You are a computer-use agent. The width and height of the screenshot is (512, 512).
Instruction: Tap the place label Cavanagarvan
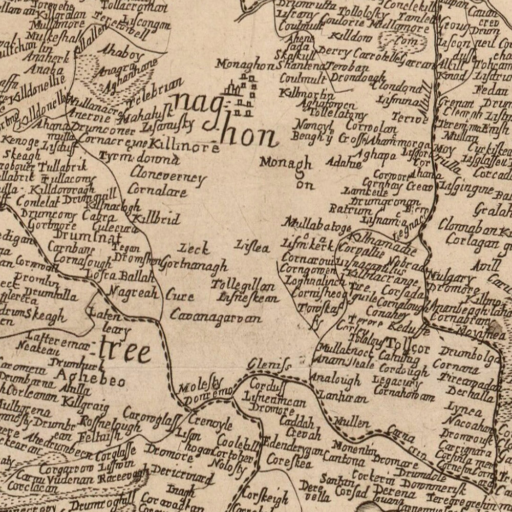[216, 317]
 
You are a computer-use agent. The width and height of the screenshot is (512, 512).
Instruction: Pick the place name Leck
[194, 249]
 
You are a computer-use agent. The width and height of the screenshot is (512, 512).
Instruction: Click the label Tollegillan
[243, 286]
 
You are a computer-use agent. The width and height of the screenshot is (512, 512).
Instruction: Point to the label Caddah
[296, 422]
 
